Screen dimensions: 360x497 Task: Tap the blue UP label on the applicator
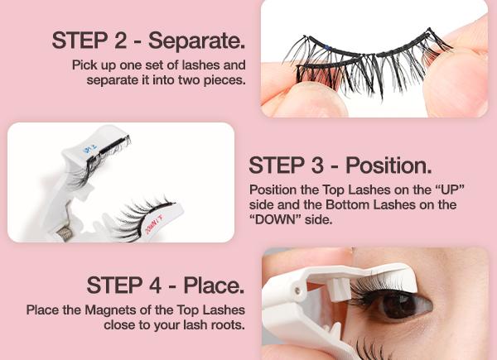[91, 150]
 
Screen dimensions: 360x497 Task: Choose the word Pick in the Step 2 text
[86, 65]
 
